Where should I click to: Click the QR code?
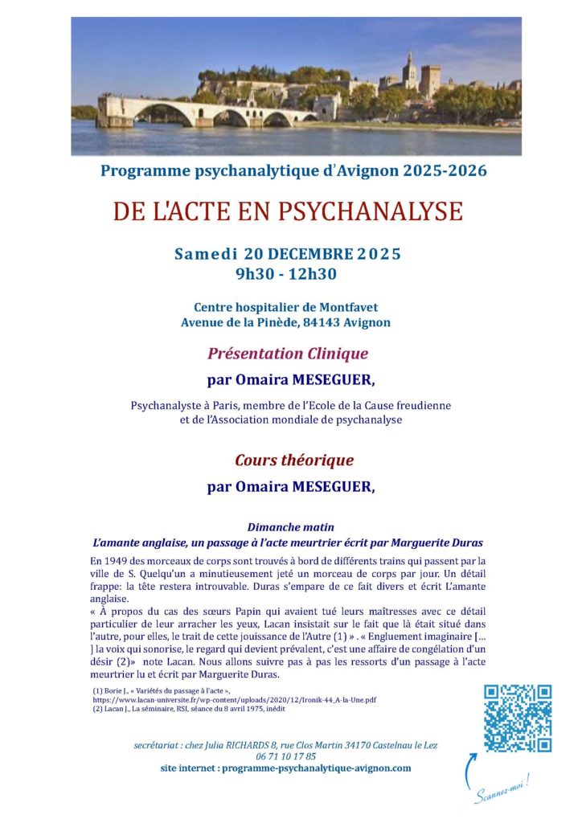click(518, 718)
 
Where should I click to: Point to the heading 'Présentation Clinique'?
click(288, 353)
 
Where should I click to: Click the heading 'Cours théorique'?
click(293, 461)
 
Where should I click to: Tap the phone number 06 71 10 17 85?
click(285, 756)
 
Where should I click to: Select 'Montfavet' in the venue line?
click(351, 307)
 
